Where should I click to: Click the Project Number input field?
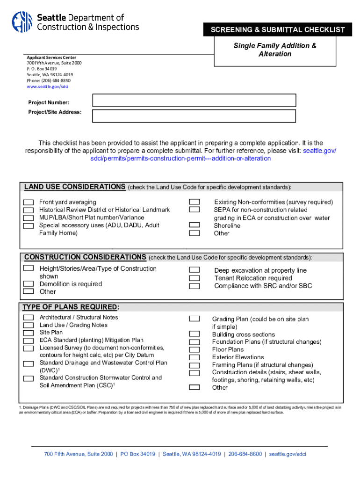194,101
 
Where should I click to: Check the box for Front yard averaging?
29,202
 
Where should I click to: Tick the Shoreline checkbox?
194,225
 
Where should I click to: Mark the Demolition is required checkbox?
29,284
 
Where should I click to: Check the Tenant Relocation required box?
194,278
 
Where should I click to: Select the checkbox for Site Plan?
29,333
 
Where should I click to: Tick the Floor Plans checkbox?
194,349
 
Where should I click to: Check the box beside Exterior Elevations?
194,357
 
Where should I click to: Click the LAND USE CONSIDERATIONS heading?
74,187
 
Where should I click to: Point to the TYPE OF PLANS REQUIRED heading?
71,307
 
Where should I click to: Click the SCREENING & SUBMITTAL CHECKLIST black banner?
278,30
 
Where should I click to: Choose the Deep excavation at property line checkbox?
194,270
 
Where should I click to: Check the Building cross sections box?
194,334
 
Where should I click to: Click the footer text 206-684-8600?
245,454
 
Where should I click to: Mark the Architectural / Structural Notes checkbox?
29,318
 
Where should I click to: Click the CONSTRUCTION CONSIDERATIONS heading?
85,257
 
